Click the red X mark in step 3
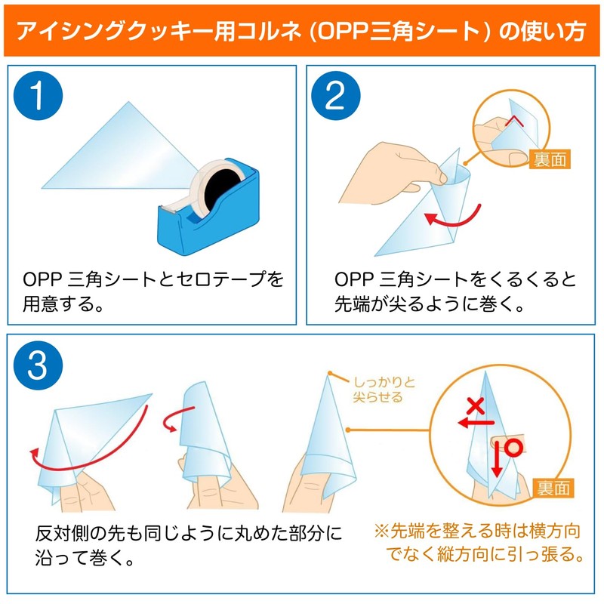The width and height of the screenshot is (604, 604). [475, 407]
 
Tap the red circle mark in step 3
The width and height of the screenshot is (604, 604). [514, 447]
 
